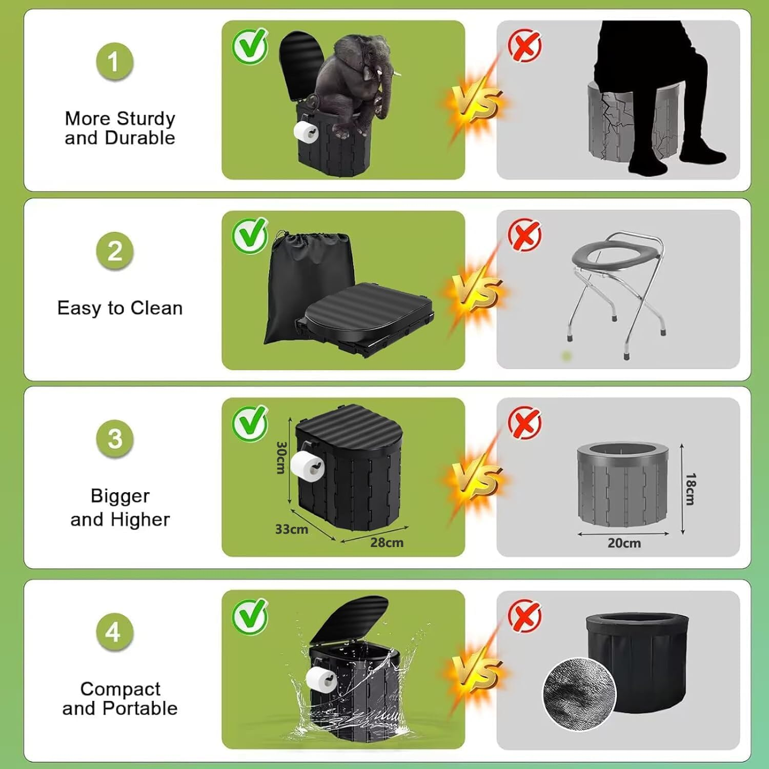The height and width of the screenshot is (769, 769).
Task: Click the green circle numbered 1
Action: point(115,62)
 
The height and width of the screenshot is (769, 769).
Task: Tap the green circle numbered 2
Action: point(115,251)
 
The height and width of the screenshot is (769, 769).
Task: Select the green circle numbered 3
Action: point(115,439)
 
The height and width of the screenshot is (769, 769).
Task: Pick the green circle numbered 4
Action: point(114,632)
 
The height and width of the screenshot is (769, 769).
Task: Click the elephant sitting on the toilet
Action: point(354,82)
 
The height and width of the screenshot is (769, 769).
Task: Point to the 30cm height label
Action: point(280,457)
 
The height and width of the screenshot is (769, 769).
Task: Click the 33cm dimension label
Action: point(291,529)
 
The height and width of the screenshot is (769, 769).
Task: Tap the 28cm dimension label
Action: point(387,542)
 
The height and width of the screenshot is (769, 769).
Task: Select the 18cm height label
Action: point(691,489)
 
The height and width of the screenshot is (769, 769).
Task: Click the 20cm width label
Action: point(624,543)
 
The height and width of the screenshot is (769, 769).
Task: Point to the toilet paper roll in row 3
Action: point(307,466)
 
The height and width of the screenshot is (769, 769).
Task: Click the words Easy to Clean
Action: point(120,308)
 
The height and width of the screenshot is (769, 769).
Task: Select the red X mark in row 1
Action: point(524,45)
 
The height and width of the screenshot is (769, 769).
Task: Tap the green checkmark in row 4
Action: point(250,616)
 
